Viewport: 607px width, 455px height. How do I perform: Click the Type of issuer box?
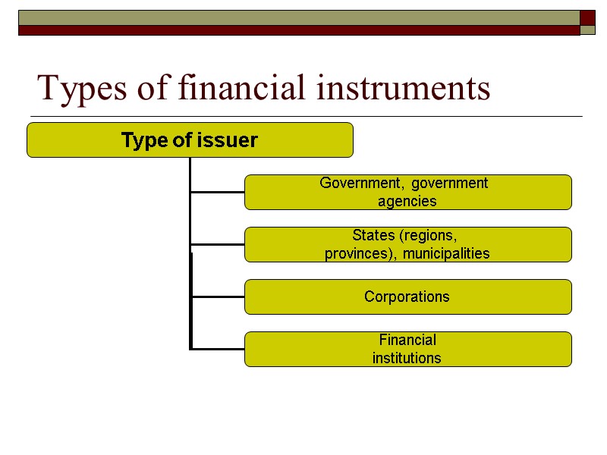click(x=190, y=140)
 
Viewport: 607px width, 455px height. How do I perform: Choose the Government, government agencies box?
click(x=407, y=192)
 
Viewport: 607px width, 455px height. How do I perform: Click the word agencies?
click(x=407, y=202)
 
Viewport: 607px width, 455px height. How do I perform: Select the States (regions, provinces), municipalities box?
click(x=407, y=244)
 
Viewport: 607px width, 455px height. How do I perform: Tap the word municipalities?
click(x=446, y=254)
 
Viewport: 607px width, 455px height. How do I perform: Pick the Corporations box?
click(x=407, y=297)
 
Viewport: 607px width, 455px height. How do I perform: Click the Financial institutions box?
click(x=407, y=349)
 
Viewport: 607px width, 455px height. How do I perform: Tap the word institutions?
click(x=407, y=358)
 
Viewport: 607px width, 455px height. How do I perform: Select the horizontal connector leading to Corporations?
click(x=218, y=297)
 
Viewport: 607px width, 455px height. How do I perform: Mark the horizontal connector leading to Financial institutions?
click(x=218, y=349)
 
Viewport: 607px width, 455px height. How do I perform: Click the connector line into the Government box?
click(x=218, y=193)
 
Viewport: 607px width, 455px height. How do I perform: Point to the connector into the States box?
click(x=218, y=245)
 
